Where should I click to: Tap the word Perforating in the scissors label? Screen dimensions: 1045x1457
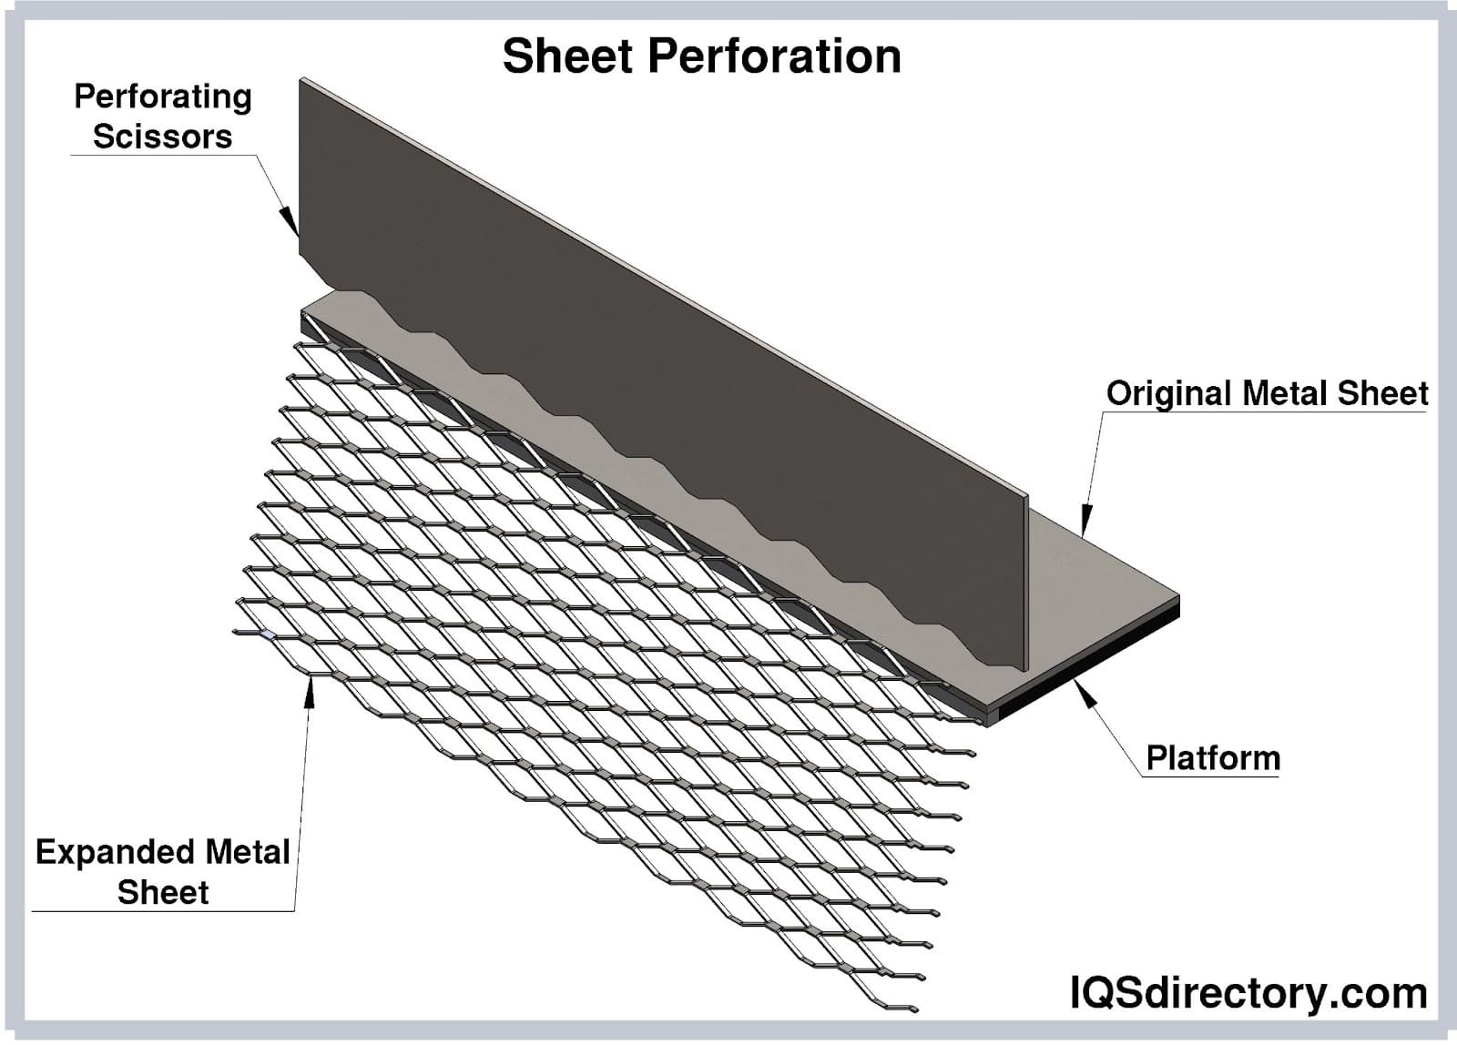163,96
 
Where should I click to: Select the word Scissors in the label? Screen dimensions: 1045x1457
163,137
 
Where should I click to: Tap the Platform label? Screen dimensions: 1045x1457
1212,757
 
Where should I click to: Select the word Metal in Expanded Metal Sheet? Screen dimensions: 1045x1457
248,852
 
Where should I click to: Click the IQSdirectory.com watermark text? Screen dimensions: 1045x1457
1248,992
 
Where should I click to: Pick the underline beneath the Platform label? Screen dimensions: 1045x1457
1211,776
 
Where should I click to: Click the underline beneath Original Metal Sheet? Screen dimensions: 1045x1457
1266,412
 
